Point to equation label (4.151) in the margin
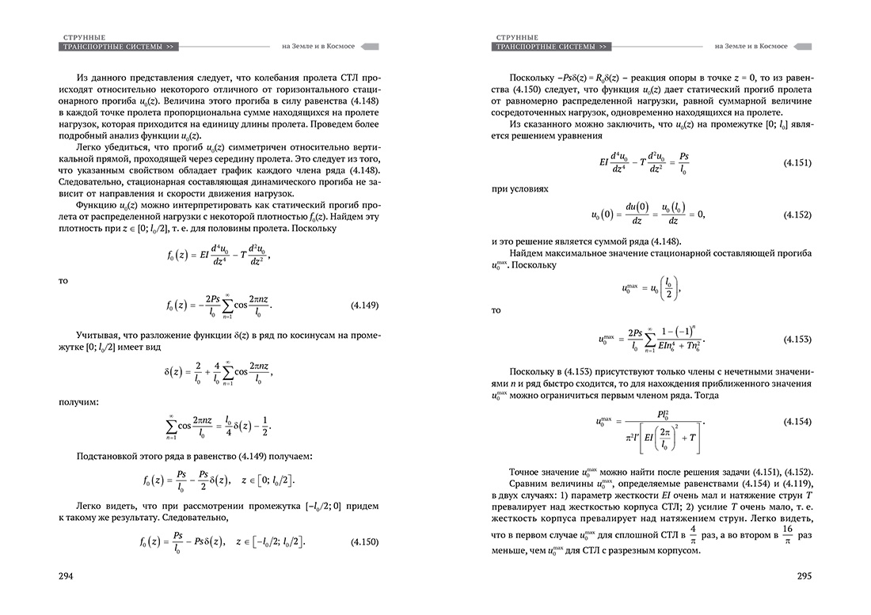click(x=796, y=162)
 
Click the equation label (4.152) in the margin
click(x=796, y=214)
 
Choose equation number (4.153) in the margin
click(x=796, y=339)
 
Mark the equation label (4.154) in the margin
click(x=796, y=422)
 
